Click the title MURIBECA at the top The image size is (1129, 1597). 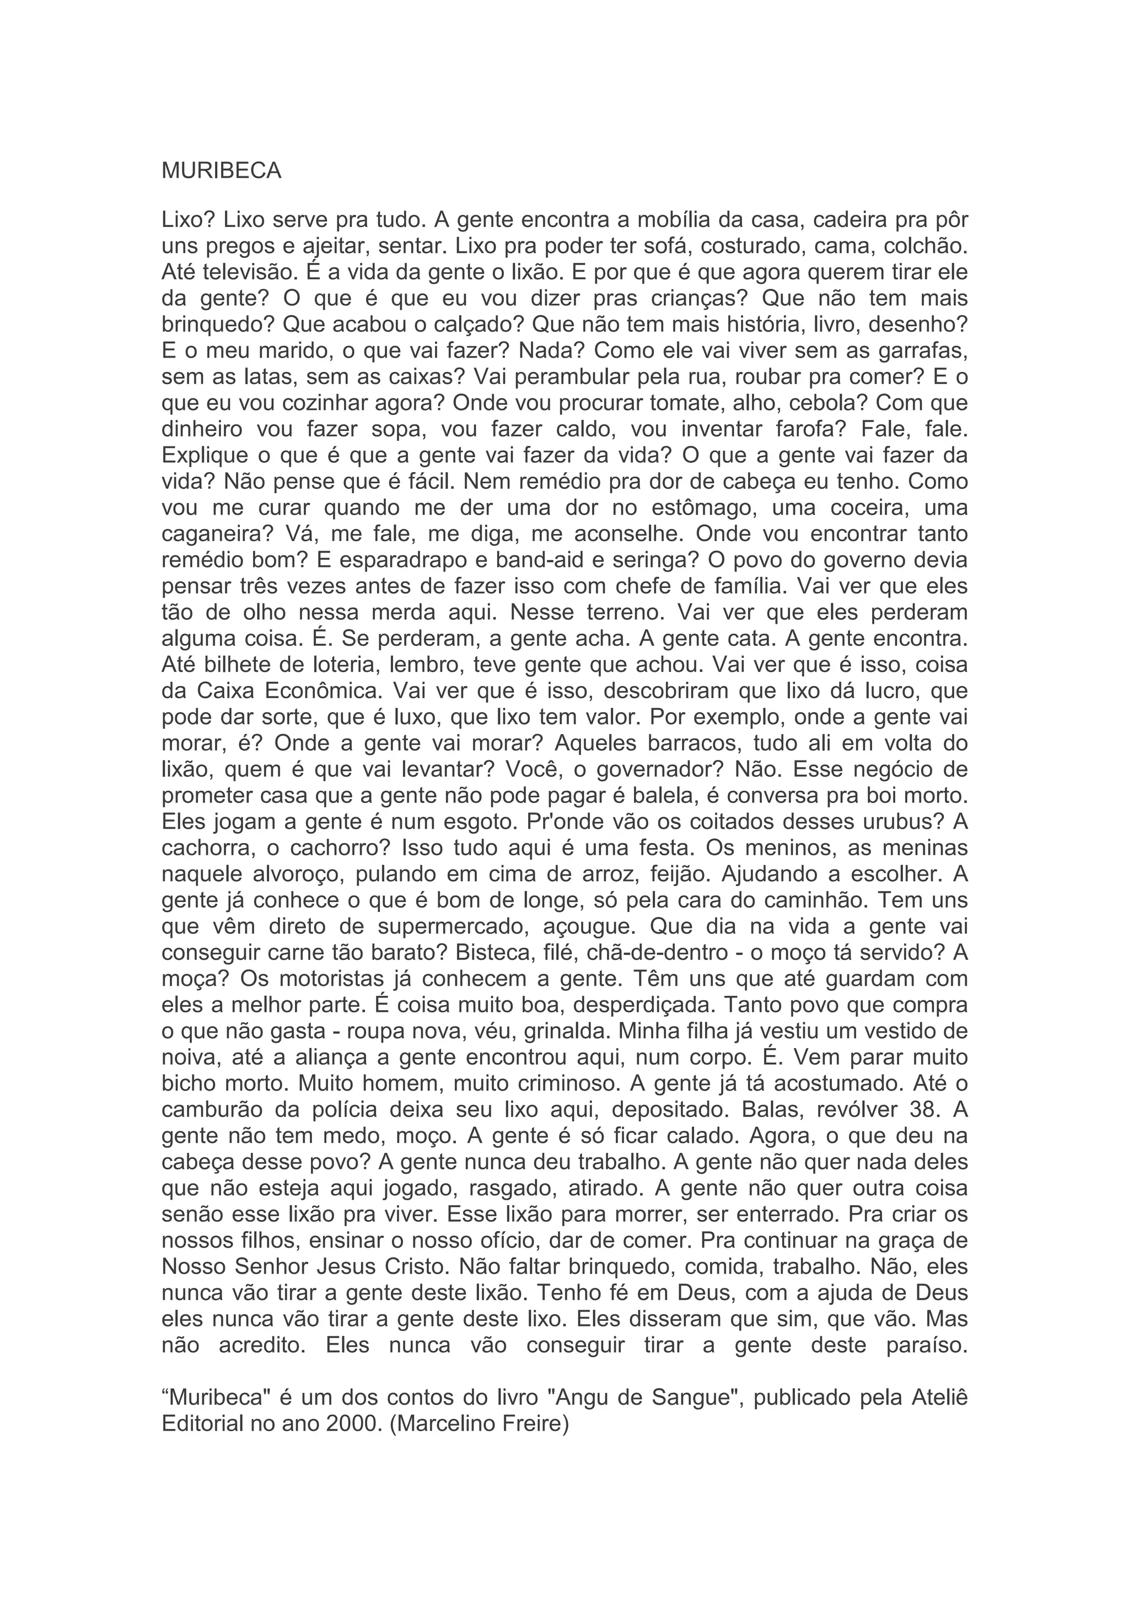(221, 171)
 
